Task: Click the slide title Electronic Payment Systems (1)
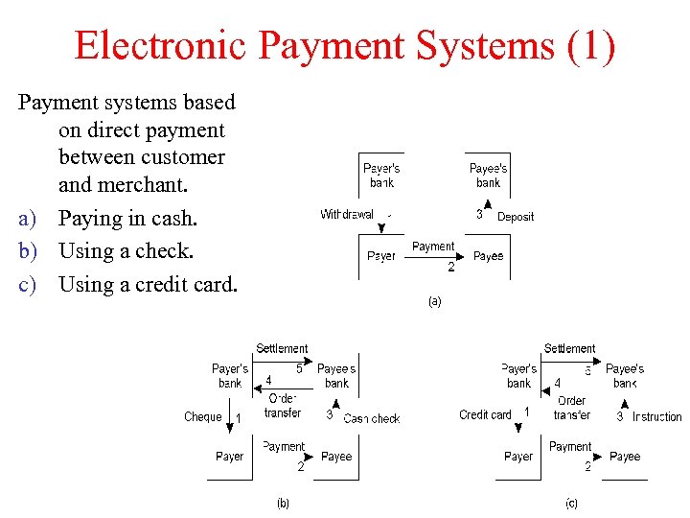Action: coord(345,45)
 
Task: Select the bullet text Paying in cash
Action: coord(127,219)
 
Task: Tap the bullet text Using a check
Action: coord(126,251)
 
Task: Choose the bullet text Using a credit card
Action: coord(148,284)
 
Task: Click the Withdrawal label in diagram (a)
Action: coord(347,215)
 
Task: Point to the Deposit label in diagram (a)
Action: coord(516,217)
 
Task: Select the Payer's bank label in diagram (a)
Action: coord(381,176)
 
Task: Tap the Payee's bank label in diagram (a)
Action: coord(488,176)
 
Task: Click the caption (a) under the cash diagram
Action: coord(434,301)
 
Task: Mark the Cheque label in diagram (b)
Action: coord(203,417)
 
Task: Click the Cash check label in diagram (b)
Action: coord(372,418)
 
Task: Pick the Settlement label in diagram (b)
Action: coord(282,348)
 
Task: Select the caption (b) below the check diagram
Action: coord(283,503)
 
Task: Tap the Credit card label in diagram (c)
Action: coord(486,415)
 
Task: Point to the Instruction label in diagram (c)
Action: coord(656,417)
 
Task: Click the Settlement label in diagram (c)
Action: coord(570,348)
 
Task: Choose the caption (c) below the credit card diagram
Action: coord(571,503)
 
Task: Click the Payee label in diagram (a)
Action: coord(488,256)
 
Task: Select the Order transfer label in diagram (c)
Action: coord(571,408)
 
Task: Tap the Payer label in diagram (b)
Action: coord(229,457)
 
